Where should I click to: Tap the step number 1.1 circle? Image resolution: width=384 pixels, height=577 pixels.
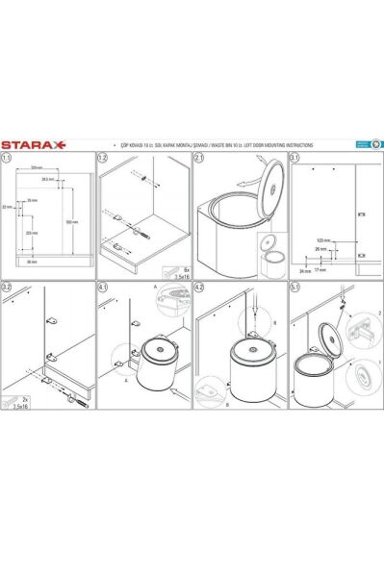[x=8, y=159]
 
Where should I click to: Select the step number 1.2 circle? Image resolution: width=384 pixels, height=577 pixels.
[x=104, y=159]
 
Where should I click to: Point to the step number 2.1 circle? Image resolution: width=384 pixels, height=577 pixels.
[x=199, y=159]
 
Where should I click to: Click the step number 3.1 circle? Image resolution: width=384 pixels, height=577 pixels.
[x=294, y=159]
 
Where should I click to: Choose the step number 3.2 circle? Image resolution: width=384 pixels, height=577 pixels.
[x=8, y=286]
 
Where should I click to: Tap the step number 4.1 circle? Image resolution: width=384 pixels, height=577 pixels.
[x=104, y=286]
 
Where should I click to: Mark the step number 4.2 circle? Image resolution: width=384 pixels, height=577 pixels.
[x=199, y=286]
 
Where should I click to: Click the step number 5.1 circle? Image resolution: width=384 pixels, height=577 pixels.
[x=294, y=286]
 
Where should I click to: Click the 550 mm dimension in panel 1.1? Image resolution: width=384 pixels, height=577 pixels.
[x=72, y=221]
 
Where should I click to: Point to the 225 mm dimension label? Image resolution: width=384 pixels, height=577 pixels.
[x=31, y=233]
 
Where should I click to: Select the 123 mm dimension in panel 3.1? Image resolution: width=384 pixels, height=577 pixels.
[x=322, y=239]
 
